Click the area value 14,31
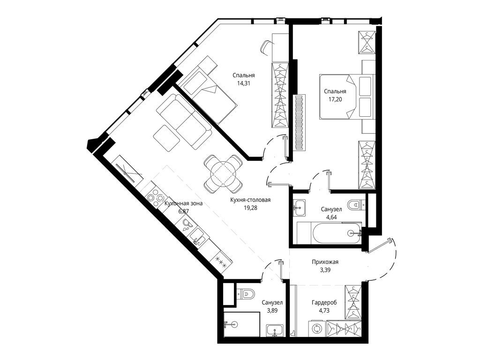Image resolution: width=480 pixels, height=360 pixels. pos(243,84)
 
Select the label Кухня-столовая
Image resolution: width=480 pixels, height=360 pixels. pos(250,200)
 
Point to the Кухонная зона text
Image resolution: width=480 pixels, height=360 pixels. pos(183,203)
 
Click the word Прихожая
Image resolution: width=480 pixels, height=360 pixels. pos(325,262)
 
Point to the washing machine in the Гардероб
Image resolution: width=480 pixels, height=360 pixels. pos(317,328)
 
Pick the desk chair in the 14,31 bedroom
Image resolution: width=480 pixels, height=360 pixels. pos(266,47)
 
